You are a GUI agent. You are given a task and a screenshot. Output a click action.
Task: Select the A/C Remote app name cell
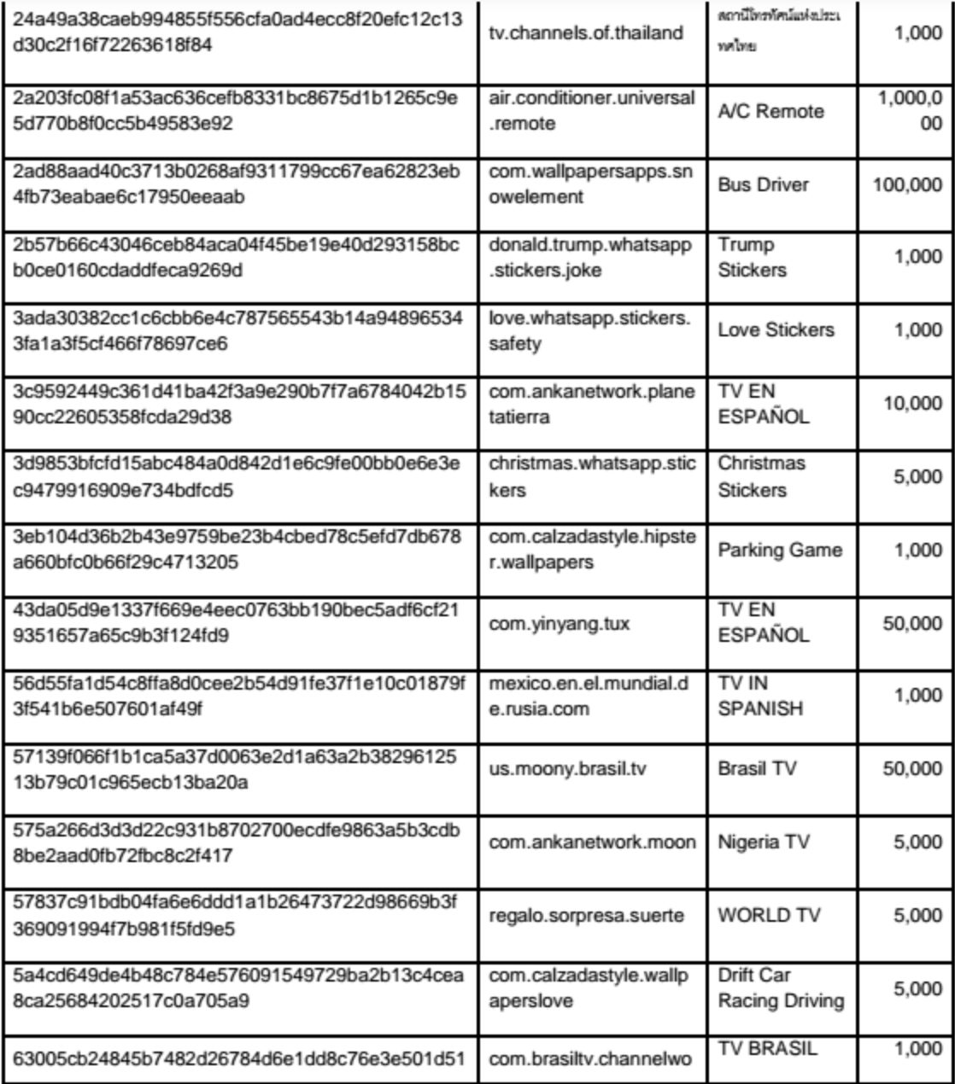770,112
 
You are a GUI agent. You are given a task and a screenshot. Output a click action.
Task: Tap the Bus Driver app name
763,185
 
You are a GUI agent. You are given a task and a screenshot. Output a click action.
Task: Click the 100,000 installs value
907,185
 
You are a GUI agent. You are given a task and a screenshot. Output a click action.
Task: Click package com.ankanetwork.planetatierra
592,404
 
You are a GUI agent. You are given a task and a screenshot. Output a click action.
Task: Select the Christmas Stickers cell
762,476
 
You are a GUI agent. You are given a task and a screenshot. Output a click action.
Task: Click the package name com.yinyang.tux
559,624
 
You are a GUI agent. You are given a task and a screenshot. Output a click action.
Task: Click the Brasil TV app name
757,769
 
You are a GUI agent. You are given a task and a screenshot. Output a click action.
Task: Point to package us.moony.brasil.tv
567,769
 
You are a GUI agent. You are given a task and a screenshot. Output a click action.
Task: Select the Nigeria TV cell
763,842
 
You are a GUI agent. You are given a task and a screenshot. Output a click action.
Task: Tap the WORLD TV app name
769,916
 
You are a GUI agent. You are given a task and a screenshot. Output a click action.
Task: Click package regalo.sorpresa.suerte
586,916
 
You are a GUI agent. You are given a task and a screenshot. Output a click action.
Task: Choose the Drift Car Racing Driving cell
781,988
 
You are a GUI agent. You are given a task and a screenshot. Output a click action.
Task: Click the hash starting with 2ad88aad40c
237,184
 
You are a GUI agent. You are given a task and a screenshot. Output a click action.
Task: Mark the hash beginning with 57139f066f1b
235,769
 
